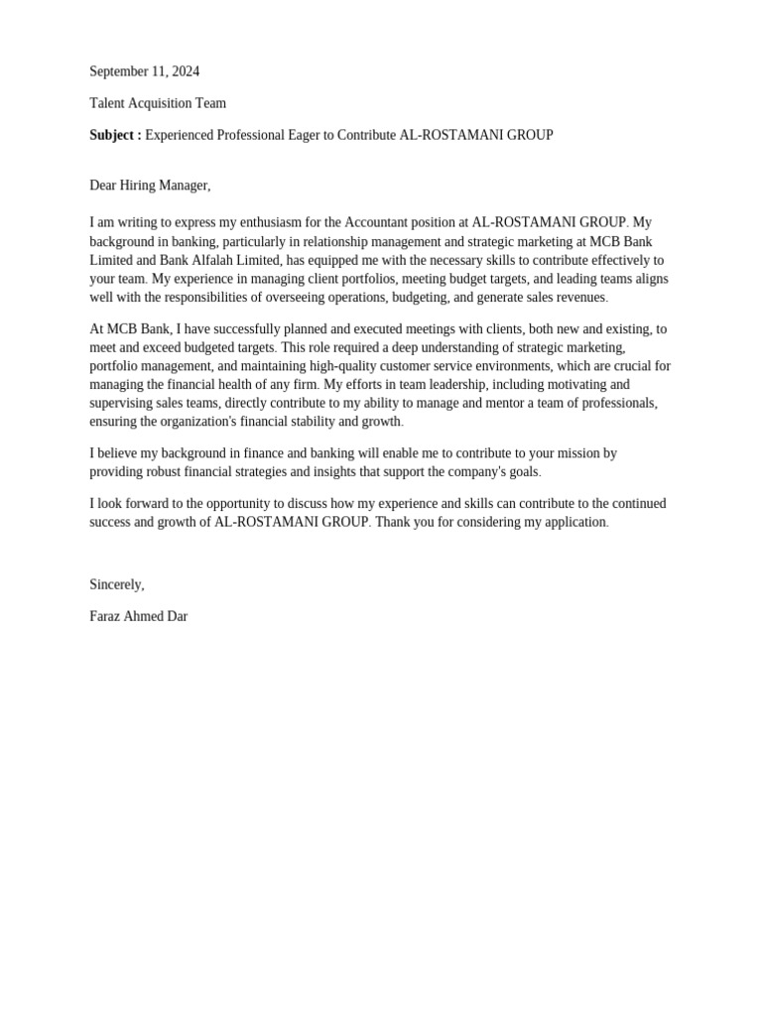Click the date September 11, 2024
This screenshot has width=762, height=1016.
coord(144,71)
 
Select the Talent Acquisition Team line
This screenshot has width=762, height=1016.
coord(158,103)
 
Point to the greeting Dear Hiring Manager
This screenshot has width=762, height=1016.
coord(150,186)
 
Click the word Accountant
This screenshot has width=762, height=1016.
coord(376,222)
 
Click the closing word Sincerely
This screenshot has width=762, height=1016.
coord(116,584)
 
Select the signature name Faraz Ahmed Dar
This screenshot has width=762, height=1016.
coord(138,616)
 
